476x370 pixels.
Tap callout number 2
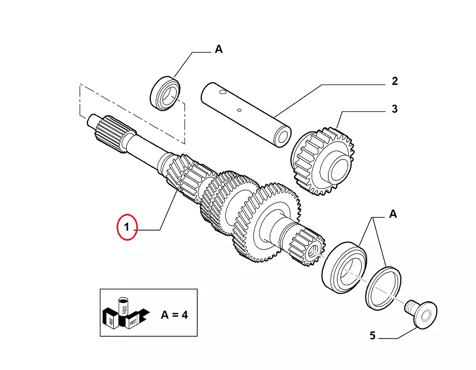click(x=395, y=81)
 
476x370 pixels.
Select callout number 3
click(x=395, y=109)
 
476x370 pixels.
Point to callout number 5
click(x=372, y=336)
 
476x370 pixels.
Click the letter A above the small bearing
click(x=219, y=49)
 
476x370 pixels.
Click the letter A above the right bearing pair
click(x=393, y=214)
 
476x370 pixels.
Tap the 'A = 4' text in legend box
click(x=174, y=314)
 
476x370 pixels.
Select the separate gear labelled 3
click(x=324, y=162)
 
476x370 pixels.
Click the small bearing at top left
click(x=167, y=92)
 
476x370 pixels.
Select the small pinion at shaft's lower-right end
click(x=306, y=246)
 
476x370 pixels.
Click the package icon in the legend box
click(x=125, y=314)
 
